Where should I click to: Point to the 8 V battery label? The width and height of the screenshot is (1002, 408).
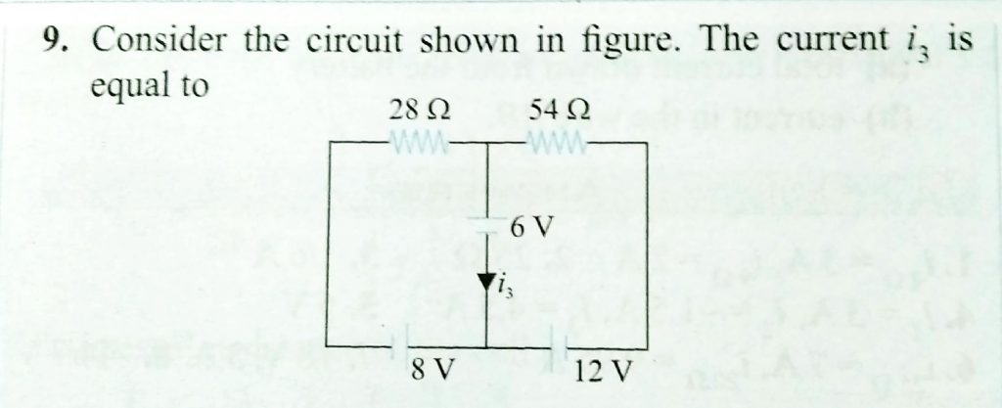coord(433,372)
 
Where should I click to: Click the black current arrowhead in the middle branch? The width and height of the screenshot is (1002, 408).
coord(488,283)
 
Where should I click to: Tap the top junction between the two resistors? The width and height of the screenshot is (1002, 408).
coord(488,143)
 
